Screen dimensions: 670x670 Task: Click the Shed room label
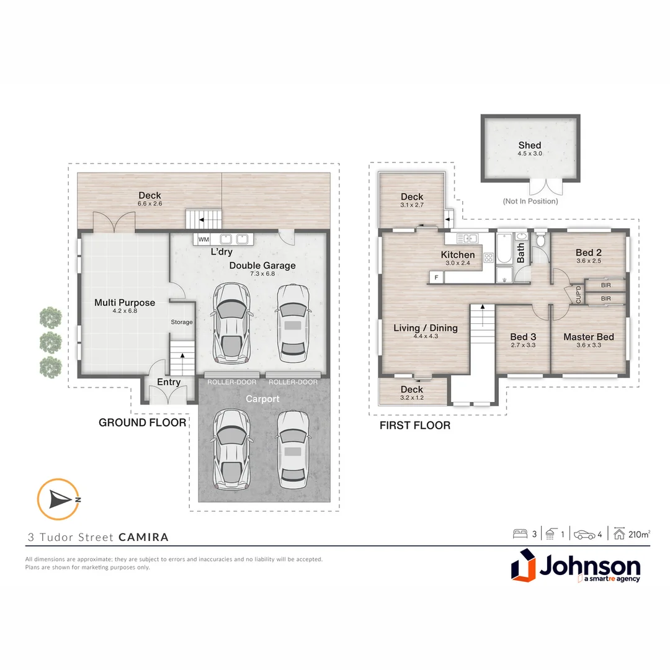[x=530, y=145]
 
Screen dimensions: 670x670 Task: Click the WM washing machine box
[x=203, y=239]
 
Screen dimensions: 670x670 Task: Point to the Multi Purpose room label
[x=125, y=303]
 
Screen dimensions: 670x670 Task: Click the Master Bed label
[x=588, y=337]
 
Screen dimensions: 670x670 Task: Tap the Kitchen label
[x=458, y=254]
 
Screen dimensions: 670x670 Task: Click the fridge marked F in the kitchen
[x=437, y=277]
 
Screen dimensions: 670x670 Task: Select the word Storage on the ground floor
[x=182, y=322]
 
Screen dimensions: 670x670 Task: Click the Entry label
[x=169, y=382]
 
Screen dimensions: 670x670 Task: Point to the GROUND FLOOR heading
[x=142, y=422]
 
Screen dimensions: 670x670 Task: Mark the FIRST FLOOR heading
[x=414, y=426]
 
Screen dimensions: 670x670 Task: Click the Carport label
[x=262, y=399]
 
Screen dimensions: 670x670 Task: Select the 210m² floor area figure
[x=639, y=534]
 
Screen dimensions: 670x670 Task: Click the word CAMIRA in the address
[x=143, y=537]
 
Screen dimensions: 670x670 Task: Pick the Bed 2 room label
[x=588, y=252]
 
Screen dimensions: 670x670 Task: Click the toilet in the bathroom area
[x=540, y=240]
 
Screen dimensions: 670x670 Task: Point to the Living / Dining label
[x=426, y=328]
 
